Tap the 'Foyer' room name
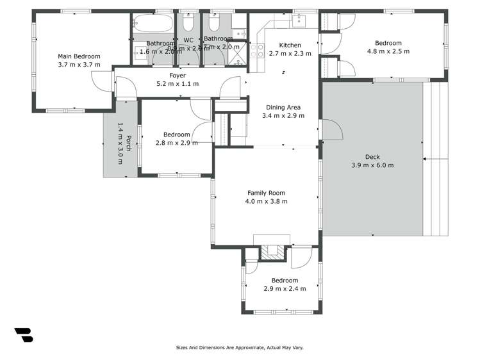[178, 75]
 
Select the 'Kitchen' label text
[290, 45]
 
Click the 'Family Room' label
[266, 193]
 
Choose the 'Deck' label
[372, 157]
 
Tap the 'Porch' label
[129, 143]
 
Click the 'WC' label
[188, 40]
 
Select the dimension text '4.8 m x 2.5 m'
[388, 51]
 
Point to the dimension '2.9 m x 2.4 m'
[284, 289]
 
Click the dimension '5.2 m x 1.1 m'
[178, 83]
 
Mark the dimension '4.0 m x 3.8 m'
[266, 201]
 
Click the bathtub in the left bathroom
[154, 24]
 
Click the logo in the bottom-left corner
[24, 334]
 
